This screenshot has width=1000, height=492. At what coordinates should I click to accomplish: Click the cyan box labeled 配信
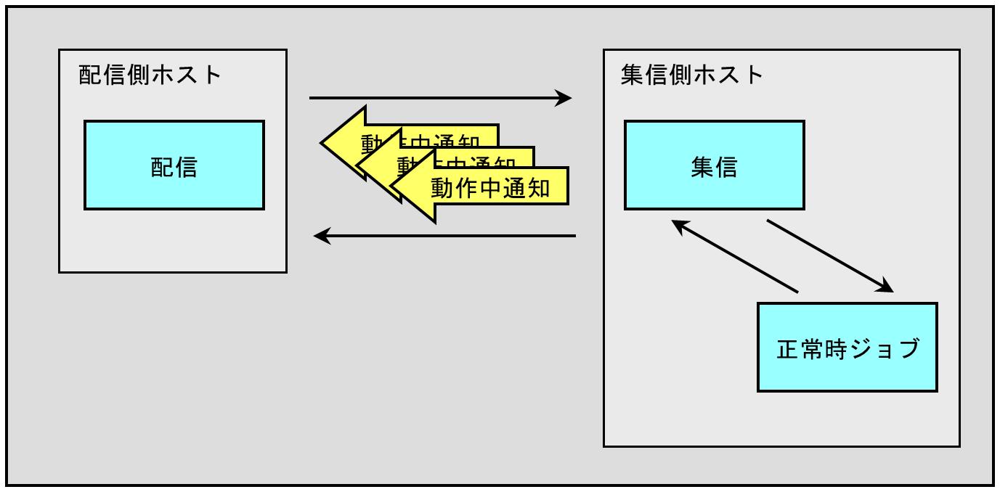pos(174,165)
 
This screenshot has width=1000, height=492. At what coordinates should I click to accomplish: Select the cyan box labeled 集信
pos(715,165)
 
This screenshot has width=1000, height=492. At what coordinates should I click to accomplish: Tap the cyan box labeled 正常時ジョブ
pos(847,348)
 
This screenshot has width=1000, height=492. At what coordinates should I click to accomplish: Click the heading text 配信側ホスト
pos(150,75)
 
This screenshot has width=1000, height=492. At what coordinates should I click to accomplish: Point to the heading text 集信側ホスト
pos(693,75)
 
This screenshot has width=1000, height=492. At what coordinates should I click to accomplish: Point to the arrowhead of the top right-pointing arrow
pos(564,97)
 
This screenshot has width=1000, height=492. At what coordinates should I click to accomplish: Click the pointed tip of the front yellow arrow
pos(393,187)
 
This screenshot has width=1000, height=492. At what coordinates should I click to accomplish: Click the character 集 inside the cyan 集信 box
pos(703,167)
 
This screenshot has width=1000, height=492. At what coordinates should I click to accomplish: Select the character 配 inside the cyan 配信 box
pos(163,167)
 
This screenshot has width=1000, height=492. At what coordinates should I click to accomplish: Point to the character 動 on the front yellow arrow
pos(443,188)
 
